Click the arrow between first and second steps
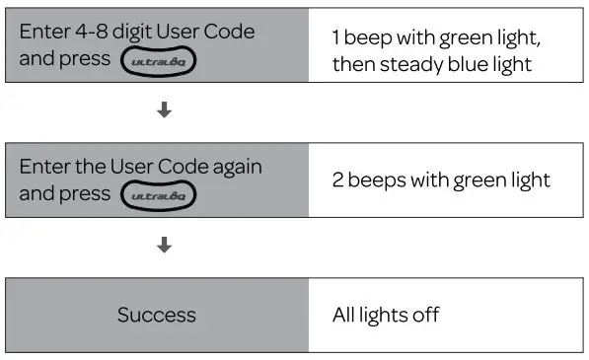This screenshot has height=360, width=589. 165,111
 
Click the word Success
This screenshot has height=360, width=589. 156,316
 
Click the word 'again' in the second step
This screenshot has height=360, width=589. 240,167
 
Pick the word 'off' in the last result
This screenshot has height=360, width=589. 425,316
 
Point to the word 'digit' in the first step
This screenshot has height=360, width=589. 130,32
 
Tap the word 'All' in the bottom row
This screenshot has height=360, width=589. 344,316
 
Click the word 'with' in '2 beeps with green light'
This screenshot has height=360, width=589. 433,180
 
